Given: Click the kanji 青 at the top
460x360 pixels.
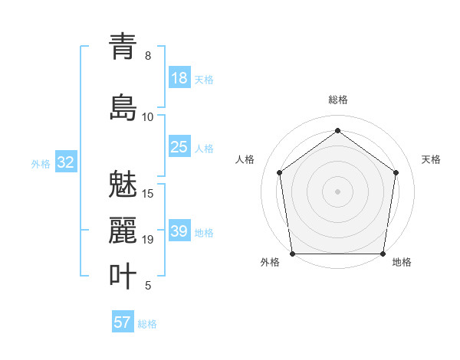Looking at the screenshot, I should click(123, 47).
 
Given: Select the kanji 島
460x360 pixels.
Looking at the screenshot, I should click(123, 108).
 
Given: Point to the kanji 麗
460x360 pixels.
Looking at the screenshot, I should click(123, 231).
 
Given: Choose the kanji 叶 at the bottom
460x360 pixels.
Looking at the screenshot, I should click(123, 277).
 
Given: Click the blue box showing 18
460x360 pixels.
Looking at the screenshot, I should click(179, 78).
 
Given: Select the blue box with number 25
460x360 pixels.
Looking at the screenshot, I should click(179, 147).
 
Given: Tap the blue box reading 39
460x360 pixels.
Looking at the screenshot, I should click(179, 231).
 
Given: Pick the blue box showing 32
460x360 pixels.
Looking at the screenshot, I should click(65, 162).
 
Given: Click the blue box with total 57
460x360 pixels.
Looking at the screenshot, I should click(123, 322).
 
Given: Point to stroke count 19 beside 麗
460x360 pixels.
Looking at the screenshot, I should click(148, 240).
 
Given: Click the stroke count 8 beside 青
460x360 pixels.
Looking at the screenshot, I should click(148, 56).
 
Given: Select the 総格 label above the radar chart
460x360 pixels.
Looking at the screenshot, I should click(338, 100).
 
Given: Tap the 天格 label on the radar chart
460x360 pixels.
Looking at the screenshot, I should click(432, 159).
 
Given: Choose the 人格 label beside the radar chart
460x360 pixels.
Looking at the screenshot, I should click(245, 159).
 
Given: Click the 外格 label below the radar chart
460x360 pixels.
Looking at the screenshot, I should click(270, 263).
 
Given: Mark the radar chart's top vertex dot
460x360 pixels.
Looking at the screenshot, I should click(338, 131).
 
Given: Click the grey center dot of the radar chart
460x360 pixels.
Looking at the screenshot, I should click(338, 191).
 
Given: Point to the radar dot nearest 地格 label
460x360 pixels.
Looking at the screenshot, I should click(383, 254).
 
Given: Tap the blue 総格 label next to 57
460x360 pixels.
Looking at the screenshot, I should click(147, 324).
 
